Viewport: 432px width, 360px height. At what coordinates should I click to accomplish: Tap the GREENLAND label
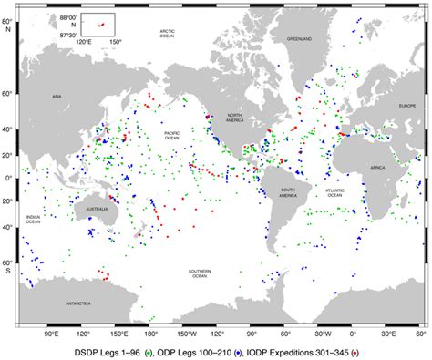click(x=300, y=39)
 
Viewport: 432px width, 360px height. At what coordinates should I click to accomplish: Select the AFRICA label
click(x=379, y=169)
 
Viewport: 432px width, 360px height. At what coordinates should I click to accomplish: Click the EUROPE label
click(x=406, y=106)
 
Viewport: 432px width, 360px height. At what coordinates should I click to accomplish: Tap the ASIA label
click(x=56, y=96)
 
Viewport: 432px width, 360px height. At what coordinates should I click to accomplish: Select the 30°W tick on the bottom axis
click(x=320, y=334)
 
